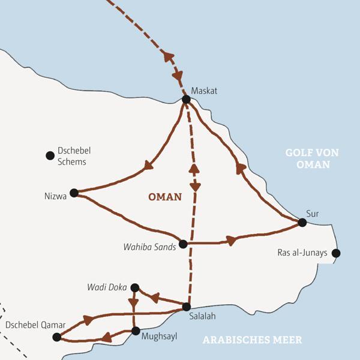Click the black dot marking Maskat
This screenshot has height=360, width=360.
(186, 100)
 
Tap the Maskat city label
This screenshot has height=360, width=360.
(203, 91)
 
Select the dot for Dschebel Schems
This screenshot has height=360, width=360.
(50, 156)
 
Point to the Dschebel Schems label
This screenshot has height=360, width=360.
(73, 157)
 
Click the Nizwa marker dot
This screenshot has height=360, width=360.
(74, 193)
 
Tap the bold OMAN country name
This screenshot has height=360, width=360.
(164, 196)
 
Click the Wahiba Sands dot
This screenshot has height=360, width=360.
(184, 244)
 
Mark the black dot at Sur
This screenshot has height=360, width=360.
(302, 223)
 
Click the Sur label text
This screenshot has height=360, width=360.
(312, 213)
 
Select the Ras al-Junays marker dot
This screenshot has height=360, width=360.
(336, 253)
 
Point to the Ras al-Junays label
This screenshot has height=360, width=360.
(303, 253)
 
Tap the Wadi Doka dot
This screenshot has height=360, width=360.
(135, 287)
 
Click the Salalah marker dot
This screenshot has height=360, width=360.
(187, 307)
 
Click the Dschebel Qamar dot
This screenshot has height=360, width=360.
(56, 337)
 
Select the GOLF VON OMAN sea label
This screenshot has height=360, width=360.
(311, 158)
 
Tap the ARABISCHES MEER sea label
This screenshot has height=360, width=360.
(252, 340)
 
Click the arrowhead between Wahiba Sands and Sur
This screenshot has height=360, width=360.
(229, 241)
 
